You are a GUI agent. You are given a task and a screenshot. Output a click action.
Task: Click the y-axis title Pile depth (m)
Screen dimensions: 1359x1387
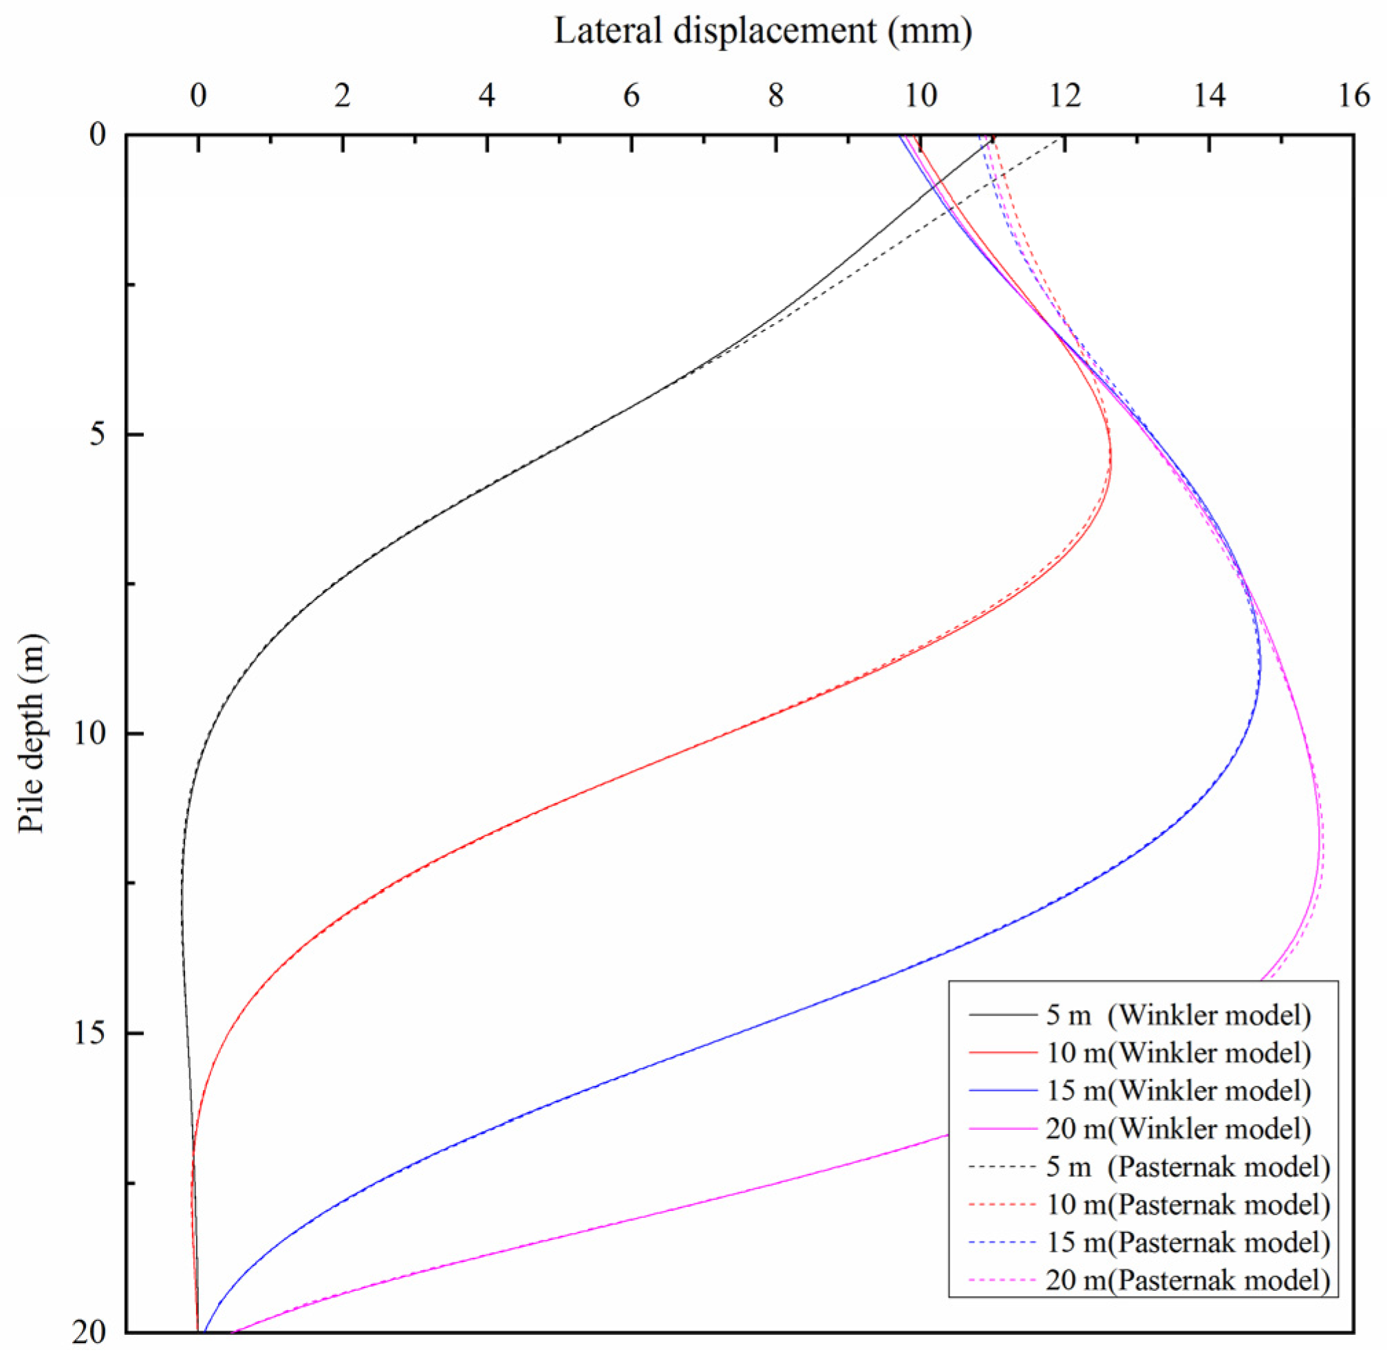point(32,733)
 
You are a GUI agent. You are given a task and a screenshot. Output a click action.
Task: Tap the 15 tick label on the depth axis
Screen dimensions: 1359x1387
point(89,1033)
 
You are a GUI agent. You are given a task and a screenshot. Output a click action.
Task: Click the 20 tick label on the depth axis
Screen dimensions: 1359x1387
point(89,1332)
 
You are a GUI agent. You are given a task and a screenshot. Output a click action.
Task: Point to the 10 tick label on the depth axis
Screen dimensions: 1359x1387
point(89,734)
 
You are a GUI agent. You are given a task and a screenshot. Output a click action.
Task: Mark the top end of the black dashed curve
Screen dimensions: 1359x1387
point(1061,140)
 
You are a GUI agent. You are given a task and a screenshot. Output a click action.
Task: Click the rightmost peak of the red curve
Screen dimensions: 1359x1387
point(1111,457)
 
